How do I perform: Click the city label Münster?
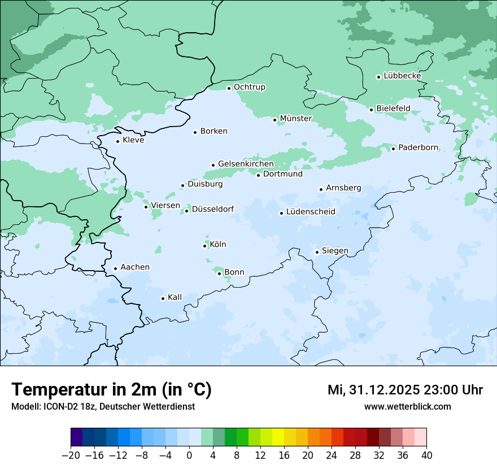296,119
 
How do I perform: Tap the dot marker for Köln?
204,246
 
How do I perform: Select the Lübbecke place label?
402,76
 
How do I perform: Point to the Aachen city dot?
115,269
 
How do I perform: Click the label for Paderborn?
418,147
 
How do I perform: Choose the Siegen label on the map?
335,251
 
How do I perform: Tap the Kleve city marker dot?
117,141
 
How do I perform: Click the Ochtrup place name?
250,87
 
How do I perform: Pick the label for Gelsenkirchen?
246,164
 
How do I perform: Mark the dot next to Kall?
163,298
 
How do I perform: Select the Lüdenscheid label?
311,212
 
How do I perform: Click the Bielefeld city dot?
371,110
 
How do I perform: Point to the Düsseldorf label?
213,209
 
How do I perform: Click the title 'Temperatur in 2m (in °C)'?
111,390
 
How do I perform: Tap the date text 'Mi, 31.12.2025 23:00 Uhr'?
405,390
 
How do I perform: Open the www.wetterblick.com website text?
407,406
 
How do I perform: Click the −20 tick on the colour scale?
71,455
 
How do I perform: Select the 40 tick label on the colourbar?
426,455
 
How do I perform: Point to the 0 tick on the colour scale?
189,455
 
